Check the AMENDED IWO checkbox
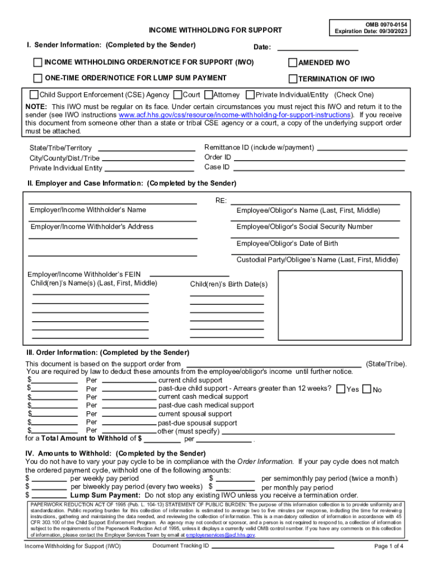click(x=293, y=63)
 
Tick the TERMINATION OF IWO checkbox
click(x=293, y=79)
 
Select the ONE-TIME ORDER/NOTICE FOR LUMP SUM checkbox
click(x=38, y=78)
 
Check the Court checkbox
click(x=177, y=95)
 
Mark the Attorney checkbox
click(x=209, y=95)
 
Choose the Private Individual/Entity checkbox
click(x=250, y=95)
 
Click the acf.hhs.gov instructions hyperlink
click(x=235, y=115)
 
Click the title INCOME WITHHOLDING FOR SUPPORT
click(x=215, y=30)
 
